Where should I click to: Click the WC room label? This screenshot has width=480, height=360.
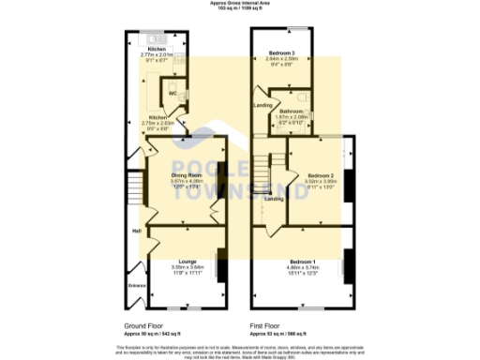pyautogui.click(x=172, y=93)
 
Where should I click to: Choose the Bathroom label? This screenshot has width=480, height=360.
pyautogui.click(x=290, y=110)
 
